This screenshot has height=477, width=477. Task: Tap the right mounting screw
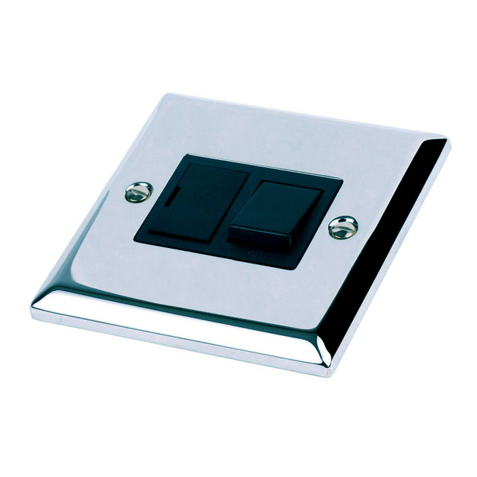[x=343, y=227]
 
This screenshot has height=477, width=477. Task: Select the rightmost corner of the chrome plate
[x=448, y=141]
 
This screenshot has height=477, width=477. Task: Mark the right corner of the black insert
[x=341, y=181]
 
